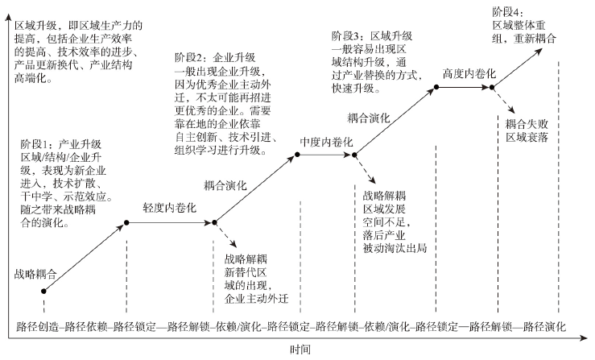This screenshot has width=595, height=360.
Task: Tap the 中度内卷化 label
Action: tap(327, 142)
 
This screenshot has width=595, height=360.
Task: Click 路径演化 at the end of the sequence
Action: tap(545, 328)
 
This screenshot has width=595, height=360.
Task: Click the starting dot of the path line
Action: tap(43, 289)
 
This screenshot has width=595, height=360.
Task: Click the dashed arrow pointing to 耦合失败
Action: tap(504, 101)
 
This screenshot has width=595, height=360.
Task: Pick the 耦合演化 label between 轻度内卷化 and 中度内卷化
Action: tap(232, 184)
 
